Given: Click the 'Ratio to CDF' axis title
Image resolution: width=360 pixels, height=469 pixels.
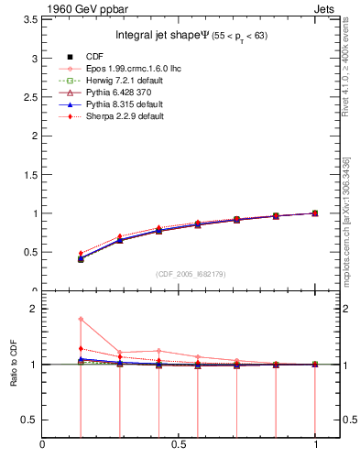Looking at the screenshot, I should (14, 364).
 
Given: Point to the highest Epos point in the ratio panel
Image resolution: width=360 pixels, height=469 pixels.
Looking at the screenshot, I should (81, 319).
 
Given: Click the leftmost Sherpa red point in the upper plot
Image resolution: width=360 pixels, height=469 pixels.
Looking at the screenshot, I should (81, 253).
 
